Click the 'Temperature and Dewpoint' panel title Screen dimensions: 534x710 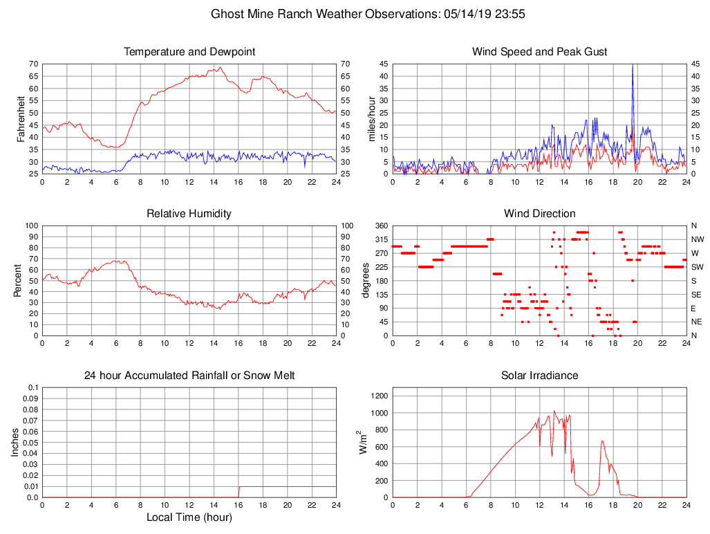pos(189,52)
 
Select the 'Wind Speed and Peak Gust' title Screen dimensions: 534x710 pos(539,52)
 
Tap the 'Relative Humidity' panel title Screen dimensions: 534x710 pos(189,214)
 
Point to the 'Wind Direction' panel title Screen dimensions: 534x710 pos(539,214)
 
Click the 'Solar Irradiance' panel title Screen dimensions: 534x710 pos(539,376)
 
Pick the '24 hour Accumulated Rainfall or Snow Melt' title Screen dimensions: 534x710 pos(189,376)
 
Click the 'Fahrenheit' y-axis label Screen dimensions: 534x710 pos(21,118)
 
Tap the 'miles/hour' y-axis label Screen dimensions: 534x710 pos(371,118)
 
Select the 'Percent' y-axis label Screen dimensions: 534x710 pos(18,280)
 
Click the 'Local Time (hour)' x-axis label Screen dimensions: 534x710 pos(189,517)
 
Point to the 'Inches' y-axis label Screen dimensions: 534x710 pos(15,442)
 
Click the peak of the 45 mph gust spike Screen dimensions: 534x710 pos(632,66)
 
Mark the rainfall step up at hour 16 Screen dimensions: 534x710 pos(239,487)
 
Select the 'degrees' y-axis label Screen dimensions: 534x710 pos(366,280)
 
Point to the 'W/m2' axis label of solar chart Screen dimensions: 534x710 pos(362,442)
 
